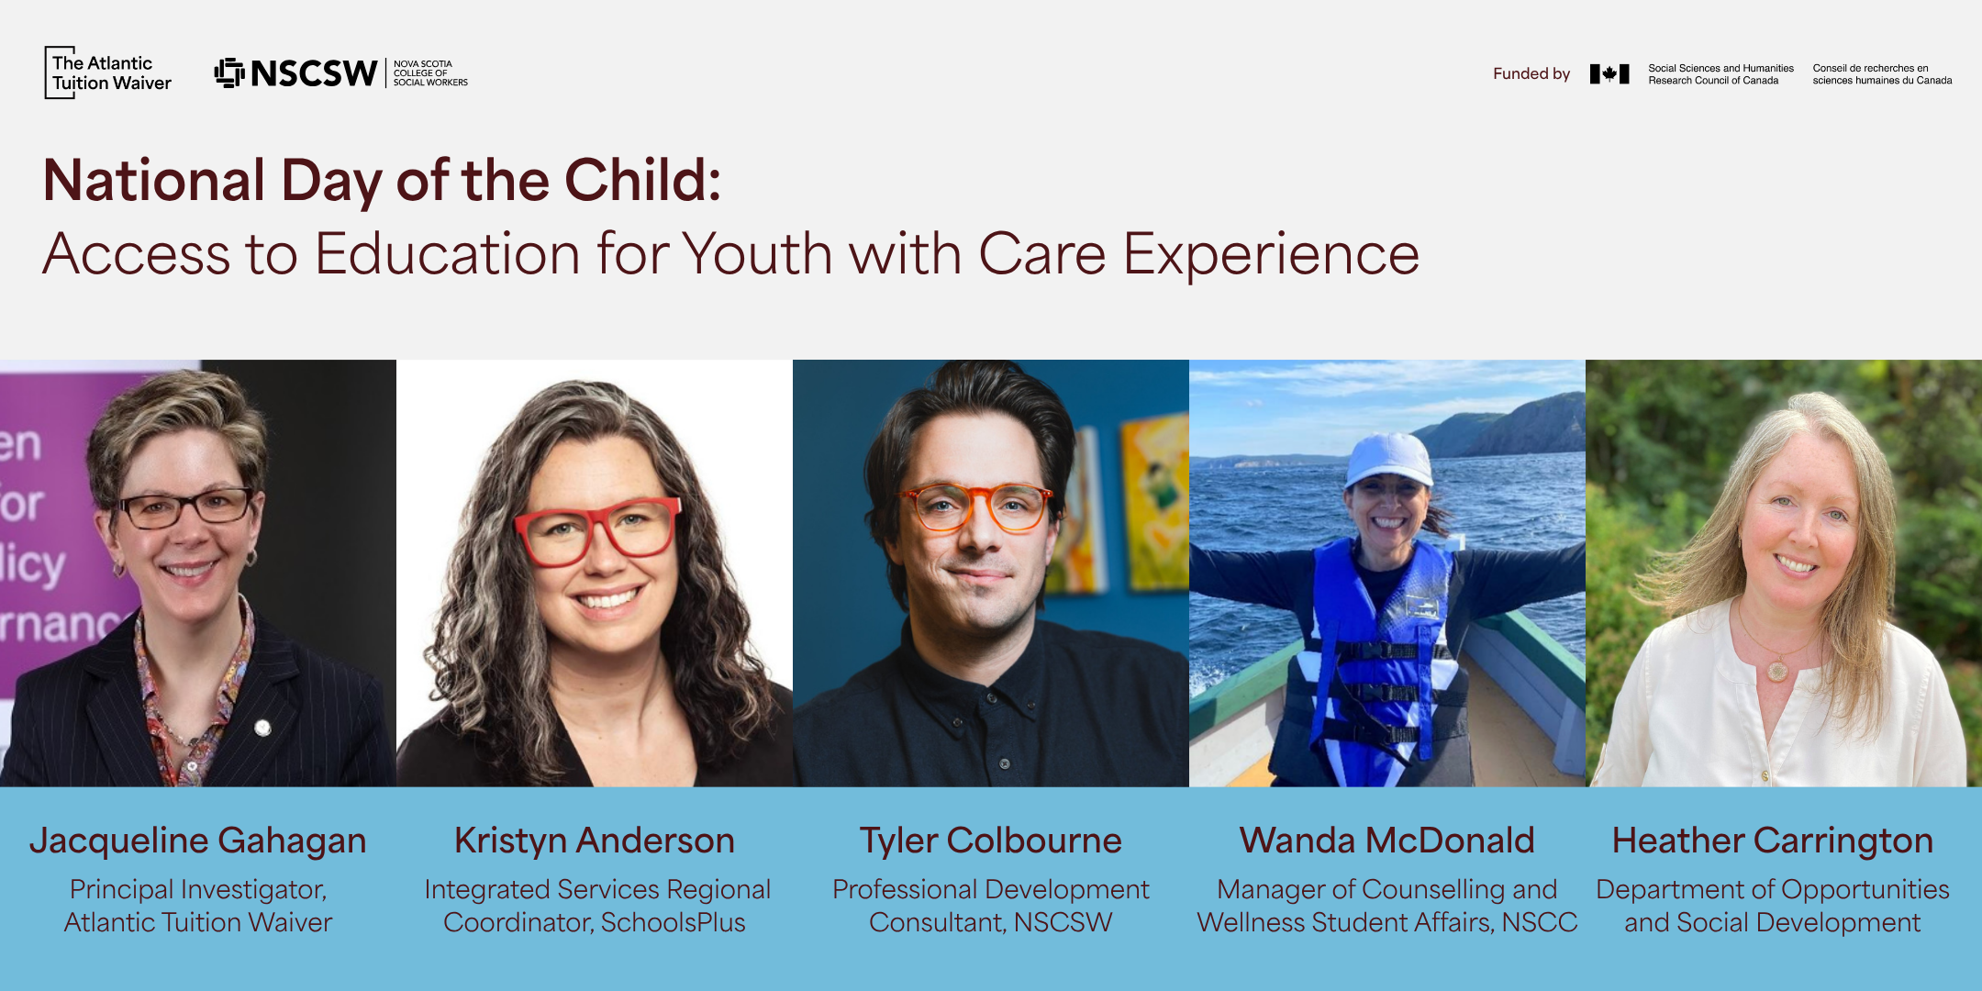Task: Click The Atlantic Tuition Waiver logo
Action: tap(108, 72)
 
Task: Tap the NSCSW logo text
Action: tap(313, 73)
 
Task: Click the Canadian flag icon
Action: tap(1609, 73)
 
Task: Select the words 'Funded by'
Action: tap(1531, 73)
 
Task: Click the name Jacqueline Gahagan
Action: tap(198, 841)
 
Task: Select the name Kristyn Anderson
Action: tap(595, 841)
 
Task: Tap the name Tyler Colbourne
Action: tap(991, 841)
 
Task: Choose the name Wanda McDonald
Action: tap(1387, 841)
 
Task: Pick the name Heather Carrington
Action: tap(1773, 841)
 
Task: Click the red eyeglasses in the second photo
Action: tap(597, 530)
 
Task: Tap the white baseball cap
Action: tap(1389, 459)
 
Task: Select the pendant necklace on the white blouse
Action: tap(1777, 670)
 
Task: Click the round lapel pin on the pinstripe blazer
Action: tap(262, 729)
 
